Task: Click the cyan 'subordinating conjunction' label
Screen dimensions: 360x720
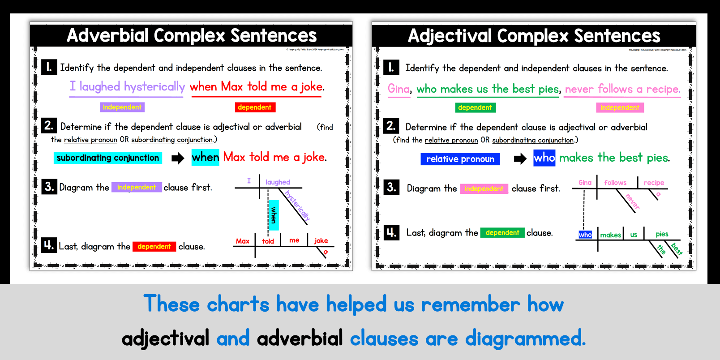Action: point(107,158)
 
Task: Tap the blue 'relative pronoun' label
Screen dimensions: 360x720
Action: point(460,159)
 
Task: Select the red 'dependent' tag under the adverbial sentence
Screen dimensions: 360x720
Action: point(255,107)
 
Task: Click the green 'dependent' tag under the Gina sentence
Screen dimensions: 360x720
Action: point(475,107)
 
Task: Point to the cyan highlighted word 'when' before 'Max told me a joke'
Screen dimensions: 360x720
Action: point(205,157)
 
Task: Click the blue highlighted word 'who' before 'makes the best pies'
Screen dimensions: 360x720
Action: point(544,158)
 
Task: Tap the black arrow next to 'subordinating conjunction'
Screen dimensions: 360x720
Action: point(178,158)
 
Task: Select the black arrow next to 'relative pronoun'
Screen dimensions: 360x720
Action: point(520,159)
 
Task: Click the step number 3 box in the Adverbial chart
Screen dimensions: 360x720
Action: point(49,186)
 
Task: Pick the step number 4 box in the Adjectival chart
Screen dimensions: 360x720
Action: point(391,232)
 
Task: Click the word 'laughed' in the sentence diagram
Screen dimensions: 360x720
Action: point(278,182)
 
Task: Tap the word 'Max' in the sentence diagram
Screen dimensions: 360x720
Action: point(243,241)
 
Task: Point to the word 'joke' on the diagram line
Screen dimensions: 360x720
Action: point(321,241)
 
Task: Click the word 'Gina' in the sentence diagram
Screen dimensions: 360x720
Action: point(585,183)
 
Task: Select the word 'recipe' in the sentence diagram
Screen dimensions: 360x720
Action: point(654,183)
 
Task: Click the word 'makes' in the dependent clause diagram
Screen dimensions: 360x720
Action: point(610,235)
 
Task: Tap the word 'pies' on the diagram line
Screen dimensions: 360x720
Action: point(662,234)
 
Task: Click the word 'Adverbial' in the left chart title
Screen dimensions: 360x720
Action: point(107,36)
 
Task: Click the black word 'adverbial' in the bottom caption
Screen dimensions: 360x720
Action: point(300,339)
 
